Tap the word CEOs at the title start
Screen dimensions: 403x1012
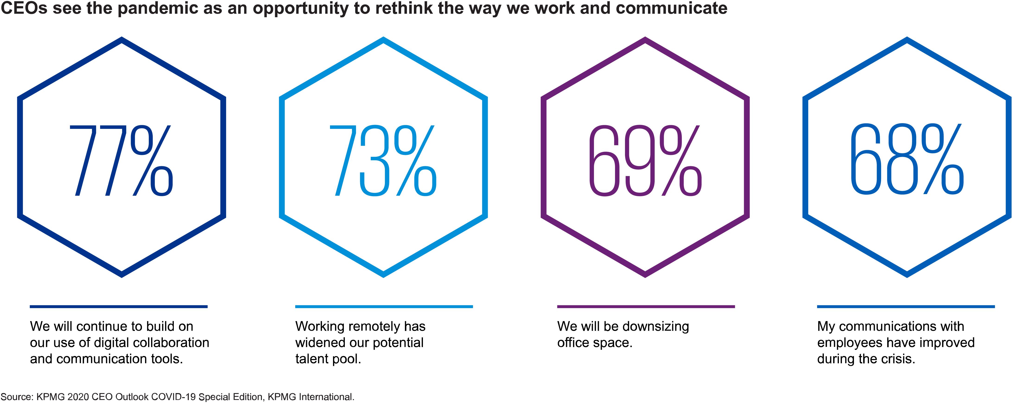point(24,9)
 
